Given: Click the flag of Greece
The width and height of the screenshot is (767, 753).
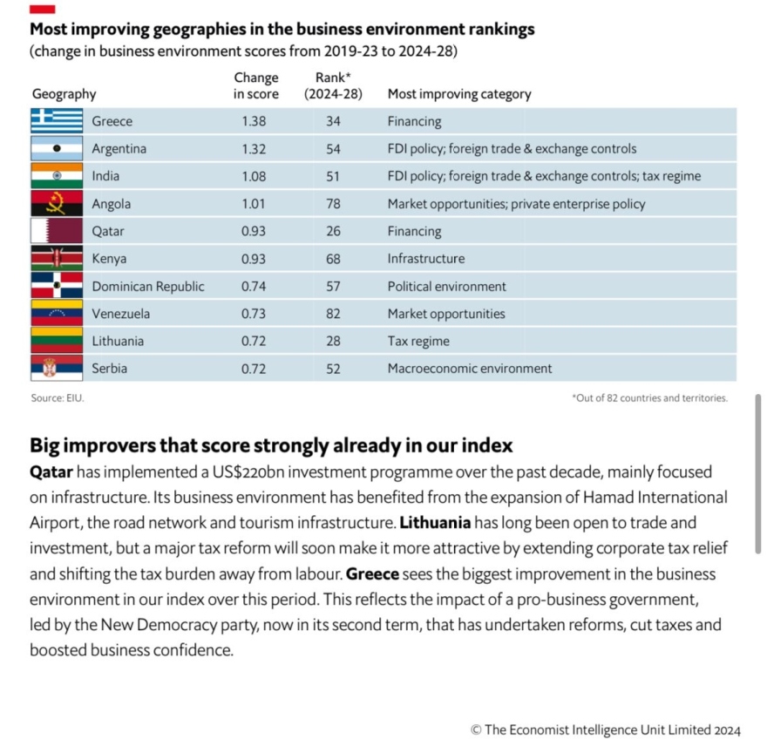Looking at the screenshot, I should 57,121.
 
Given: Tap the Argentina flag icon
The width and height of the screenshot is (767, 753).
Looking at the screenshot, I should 57,149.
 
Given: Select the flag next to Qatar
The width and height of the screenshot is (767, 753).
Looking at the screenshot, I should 57,232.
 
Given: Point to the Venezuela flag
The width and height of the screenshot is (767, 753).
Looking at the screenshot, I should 57,314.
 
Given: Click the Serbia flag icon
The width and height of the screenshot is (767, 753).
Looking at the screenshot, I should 57,369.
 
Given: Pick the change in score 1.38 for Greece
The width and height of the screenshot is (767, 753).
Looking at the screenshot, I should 255,121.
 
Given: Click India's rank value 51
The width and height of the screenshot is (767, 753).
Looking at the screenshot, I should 333,176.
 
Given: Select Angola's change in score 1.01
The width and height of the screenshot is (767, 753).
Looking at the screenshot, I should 255,204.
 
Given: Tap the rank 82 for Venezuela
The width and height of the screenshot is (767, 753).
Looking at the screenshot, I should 333,314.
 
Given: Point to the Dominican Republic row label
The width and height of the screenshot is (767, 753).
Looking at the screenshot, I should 148,286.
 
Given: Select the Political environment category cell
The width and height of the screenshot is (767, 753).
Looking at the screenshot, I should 446,286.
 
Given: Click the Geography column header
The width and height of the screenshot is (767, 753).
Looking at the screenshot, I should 64,94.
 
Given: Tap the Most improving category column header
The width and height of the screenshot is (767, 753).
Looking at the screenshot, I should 458,94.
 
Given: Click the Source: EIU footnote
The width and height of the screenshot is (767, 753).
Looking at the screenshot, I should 58,398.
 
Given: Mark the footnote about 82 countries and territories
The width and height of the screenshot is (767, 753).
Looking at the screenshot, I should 649,398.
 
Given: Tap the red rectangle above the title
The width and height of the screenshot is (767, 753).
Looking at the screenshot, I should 43,9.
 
